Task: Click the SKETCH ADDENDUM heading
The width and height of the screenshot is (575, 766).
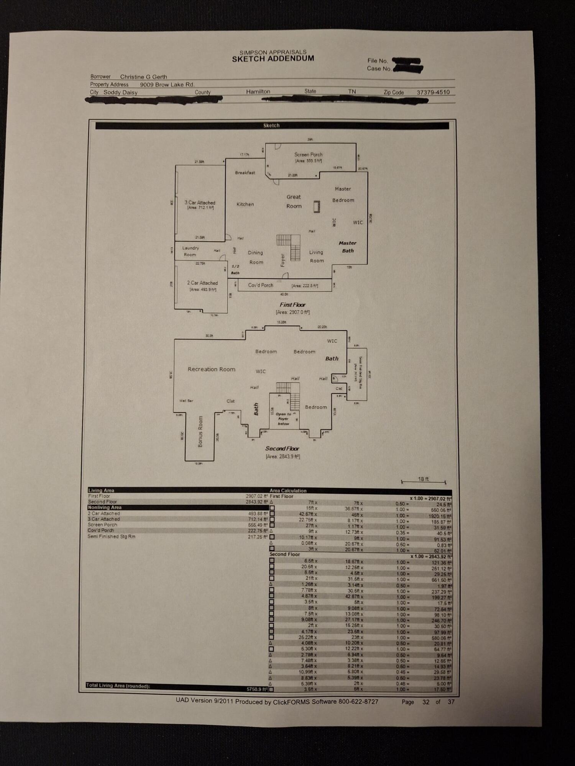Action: click(x=273, y=59)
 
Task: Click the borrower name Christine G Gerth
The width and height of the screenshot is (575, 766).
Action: click(x=143, y=77)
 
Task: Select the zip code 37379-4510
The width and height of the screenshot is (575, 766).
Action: click(x=433, y=92)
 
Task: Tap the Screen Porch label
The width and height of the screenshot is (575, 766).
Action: click(x=308, y=155)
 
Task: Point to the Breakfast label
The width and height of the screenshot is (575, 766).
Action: click(x=245, y=173)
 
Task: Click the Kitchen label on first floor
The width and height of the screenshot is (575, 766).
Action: click(x=245, y=205)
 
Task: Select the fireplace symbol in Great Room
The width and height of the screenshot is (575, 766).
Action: click(x=317, y=206)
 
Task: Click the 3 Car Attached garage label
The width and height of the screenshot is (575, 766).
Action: click(x=200, y=203)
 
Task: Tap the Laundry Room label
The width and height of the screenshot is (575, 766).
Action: click(x=190, y=251)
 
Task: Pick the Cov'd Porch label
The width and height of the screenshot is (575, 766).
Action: click(x=260, y=285)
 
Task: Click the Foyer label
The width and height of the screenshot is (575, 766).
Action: click(x=283, y=260)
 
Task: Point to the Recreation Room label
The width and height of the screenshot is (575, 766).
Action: click(x=211, y=369)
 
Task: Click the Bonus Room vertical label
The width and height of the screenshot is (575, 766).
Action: click(x=200, y=432)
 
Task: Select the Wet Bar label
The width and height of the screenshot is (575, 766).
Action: click(x=186, y=401)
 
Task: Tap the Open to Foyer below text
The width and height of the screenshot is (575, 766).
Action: click(x=284, y=419)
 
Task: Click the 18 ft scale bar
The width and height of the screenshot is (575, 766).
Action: click(x=423, y=481)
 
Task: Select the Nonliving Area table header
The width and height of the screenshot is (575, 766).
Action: click(x=105, y=507)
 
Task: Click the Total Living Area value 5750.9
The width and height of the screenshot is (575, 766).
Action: click(x=256, y=689)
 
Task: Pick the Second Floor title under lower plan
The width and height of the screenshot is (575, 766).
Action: click(x=282, y=448)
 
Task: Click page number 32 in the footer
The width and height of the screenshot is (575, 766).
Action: click(x=426, y=702)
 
